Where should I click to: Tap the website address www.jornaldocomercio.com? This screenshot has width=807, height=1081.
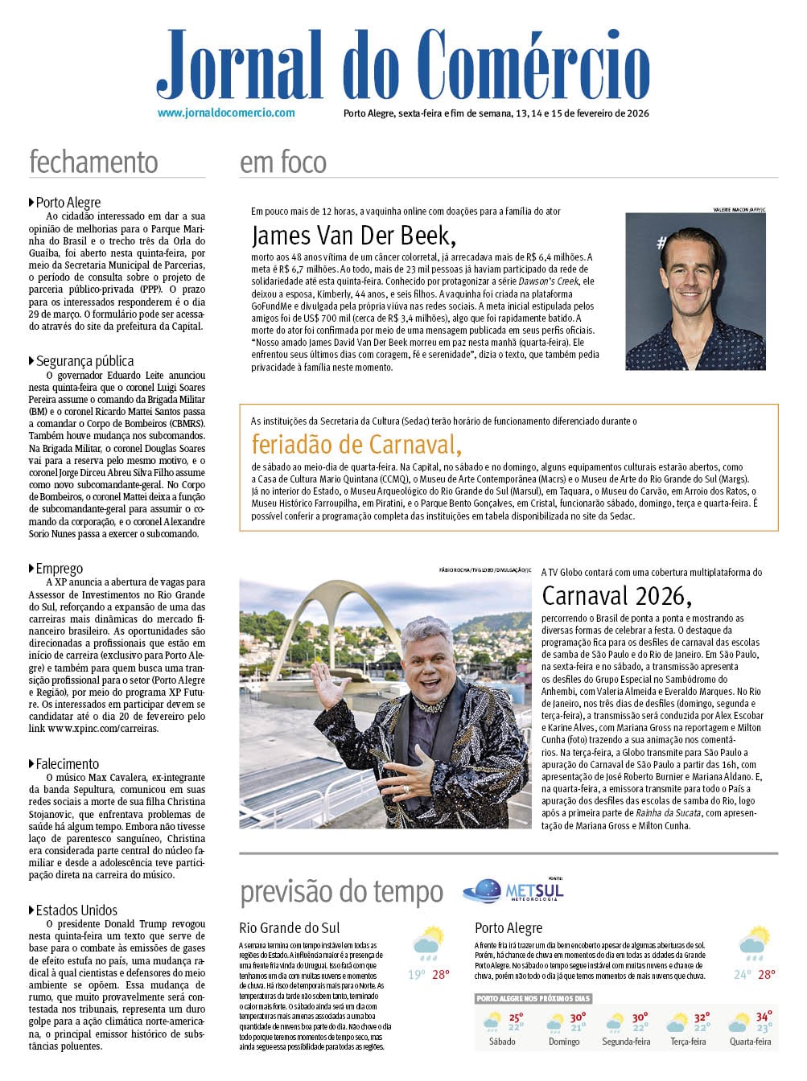tap(226, 113)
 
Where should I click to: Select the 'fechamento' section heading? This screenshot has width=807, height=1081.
tap(93, 162)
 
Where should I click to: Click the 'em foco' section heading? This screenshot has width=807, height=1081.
tap(283, 162)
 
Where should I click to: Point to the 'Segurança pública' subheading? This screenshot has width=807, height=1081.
tap(84, 361)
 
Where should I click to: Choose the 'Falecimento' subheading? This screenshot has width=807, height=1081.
tap(67, 764)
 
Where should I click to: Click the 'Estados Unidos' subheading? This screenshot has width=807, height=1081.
tap(76, 910)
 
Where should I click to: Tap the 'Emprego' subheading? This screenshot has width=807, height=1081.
tap(59, 569)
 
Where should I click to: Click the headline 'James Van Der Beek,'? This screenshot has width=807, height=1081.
tap(354, 236)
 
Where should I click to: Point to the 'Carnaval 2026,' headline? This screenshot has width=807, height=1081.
tap(616, 595)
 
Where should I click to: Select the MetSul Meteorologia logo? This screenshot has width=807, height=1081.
tap(514, 890)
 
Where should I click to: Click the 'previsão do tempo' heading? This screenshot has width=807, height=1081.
tap(341, 892)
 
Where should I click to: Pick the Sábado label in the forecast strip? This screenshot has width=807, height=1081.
tap(503, 1042)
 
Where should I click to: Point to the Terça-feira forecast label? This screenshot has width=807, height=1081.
tap(688, 1042)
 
